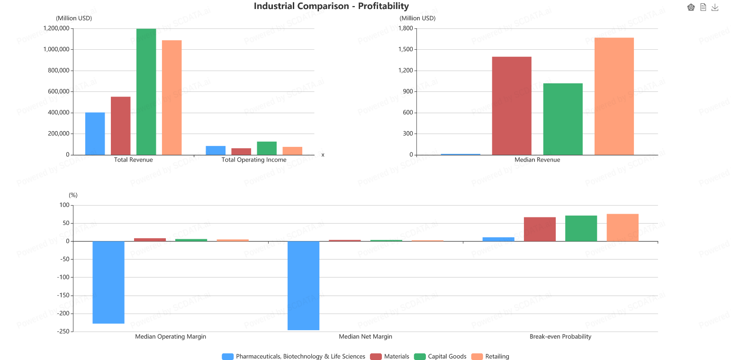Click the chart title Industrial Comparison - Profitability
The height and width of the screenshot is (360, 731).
click(x=331, y=6)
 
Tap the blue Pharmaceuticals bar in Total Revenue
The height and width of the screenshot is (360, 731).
click(x=95, y=134)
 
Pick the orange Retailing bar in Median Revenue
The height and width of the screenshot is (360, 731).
click(x=614, y=96)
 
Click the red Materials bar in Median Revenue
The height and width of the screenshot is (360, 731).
click(x=512, y=106)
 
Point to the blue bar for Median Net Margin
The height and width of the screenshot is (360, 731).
click(x=304, y=286)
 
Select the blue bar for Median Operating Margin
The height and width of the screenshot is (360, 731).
click(x=108, y=282)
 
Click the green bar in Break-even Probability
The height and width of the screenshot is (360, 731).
click(x=581, y=228)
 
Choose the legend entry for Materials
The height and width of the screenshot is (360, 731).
click(x=389, y=356)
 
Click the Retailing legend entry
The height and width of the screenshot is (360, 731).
click(x=490, y=356)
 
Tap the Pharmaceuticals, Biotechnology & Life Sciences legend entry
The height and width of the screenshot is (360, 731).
click(x=293, y=356)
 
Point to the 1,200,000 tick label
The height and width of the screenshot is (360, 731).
click(x=56, y=28)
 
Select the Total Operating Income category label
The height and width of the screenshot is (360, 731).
click(x=254, y=160)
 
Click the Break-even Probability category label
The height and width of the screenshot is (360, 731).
click(x=560, y=336)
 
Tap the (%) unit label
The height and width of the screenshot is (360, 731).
click(x=73, y=195)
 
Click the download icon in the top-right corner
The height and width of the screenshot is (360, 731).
click(x=715, y=7)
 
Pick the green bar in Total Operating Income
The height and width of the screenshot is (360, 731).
click(x=267, y=148)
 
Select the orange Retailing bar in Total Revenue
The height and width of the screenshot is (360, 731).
click(x=171, y=98)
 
